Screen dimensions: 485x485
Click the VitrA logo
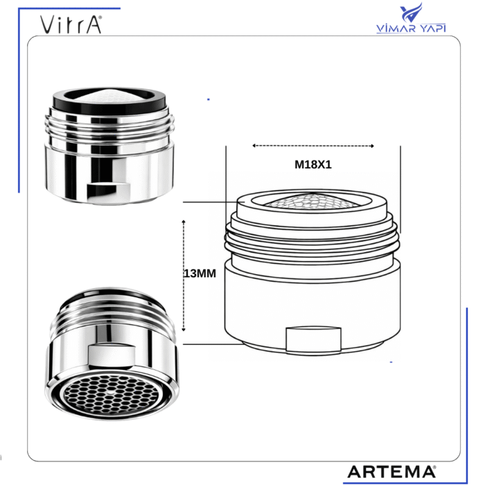tap(71, 24)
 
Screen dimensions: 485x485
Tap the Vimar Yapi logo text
tap(411, 28)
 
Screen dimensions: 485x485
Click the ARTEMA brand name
tap(391, 472)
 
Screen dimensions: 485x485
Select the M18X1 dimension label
tap(313, 165)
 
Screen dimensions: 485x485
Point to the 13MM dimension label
tap(200, 274)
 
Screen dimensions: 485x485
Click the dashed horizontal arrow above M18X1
tap(313, 145)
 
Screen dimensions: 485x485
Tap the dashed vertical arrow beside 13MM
tap(184, 276)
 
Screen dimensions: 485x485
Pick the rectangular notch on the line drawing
tap(313, 339)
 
